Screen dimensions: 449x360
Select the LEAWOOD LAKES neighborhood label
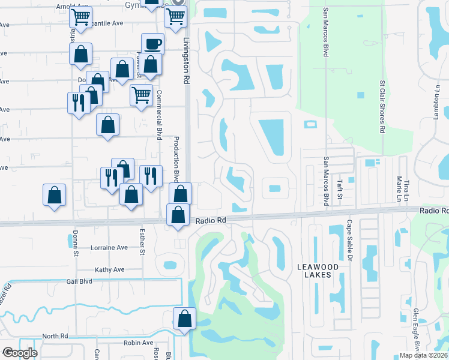(317, 270)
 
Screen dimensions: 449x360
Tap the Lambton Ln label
(438, 101)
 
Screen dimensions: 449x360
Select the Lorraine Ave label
(109, 247)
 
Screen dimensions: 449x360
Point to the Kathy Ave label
(109, 269)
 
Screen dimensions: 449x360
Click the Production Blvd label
(176, 159)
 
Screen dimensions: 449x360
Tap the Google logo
(20, 353)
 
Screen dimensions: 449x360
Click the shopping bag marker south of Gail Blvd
(185, 319)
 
